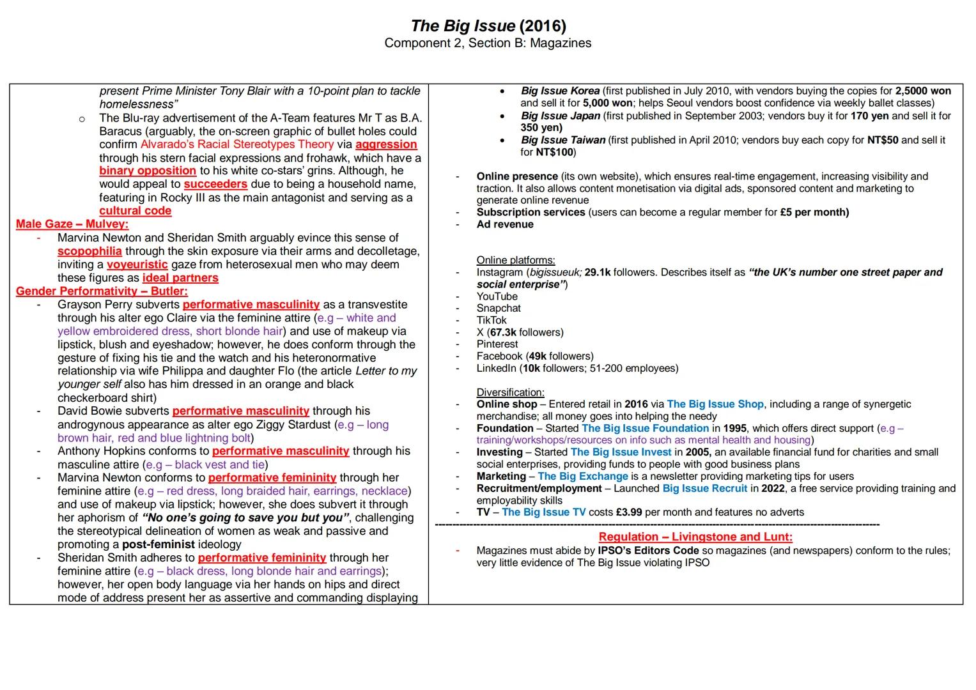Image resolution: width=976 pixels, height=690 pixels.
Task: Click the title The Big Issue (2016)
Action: point(488,26)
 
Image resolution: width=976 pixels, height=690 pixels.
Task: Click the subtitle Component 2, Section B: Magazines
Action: point(488,43)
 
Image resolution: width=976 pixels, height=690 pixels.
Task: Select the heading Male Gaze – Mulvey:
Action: point(72,224)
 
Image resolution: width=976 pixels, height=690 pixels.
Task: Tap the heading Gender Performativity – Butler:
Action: point(102,291)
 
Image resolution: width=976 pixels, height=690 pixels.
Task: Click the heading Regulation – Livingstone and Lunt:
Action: point(695,537)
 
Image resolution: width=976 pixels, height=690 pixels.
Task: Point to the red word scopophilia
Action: point(89,251)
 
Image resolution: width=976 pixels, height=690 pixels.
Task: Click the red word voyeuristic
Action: point(137,264)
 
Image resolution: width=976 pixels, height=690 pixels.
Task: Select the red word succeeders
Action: point(215,184)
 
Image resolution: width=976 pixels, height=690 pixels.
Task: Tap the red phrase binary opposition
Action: point(148,171)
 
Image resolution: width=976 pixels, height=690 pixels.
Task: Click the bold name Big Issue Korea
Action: point(560,91)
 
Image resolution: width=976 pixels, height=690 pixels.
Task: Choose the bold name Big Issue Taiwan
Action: point(562,140)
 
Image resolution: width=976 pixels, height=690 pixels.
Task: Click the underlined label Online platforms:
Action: point(516,260)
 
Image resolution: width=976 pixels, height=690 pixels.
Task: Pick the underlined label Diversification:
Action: point(510,392)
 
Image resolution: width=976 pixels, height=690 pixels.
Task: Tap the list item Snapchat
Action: point(499,308)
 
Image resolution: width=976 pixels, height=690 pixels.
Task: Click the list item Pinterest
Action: point(497,344)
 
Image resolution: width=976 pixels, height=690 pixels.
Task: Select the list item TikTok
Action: point(492,320)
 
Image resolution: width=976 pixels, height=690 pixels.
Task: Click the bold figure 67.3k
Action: point(503,332)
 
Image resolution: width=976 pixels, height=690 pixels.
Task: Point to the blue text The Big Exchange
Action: point(582,476)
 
